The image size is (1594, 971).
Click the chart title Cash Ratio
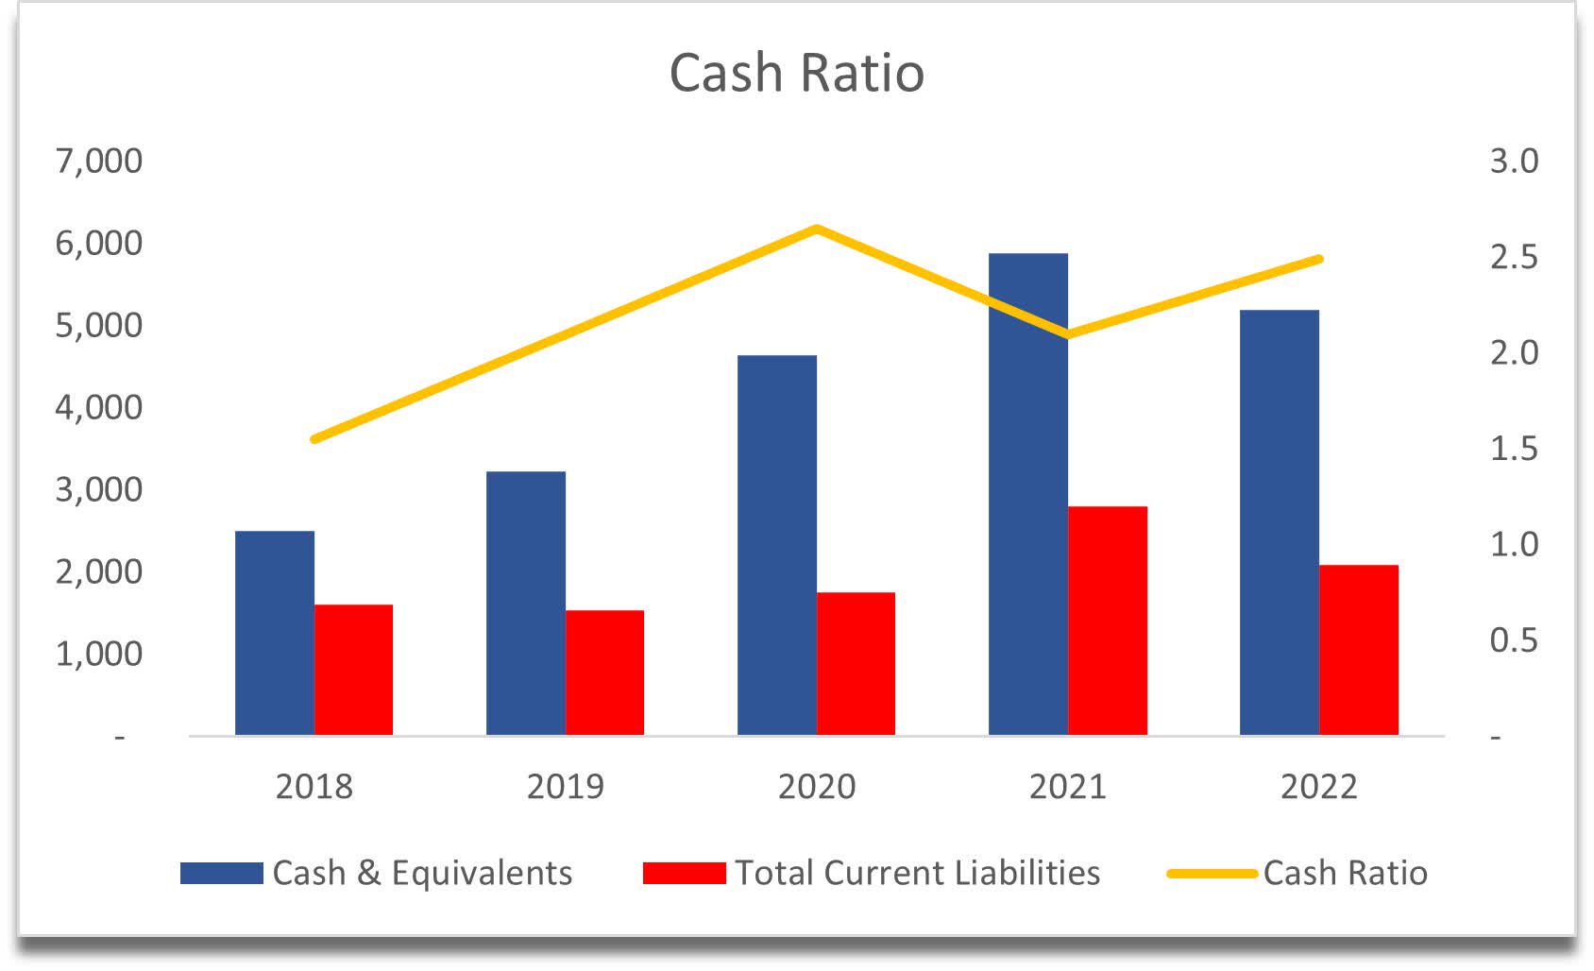tap(796, 73)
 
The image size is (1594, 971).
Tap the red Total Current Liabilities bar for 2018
tap(353, 670)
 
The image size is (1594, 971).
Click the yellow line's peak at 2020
tap(816, 229)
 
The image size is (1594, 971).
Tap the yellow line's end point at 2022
tap(1319, 259)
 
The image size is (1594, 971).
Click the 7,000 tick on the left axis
tap(98, 161)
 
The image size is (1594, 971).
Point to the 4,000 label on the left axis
tap(98, 407)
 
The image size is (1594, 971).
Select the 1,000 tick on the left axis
tap(98, 654)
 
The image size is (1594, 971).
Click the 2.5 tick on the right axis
tap(1513, 257)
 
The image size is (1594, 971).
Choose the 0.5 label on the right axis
tap(1513, 640)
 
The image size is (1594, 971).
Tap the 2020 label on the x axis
tap(816, 786)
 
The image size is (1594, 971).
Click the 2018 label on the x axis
tap(314, 786)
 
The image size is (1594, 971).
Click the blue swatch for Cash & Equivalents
tap(221, 873)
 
